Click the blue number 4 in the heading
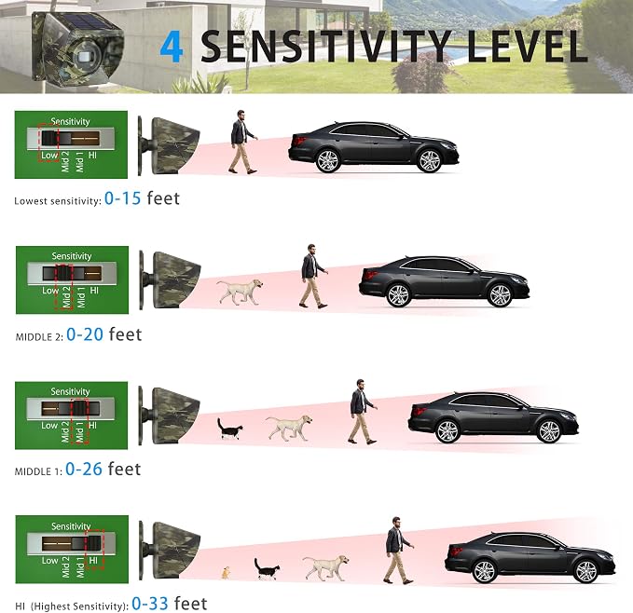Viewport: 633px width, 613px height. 172,48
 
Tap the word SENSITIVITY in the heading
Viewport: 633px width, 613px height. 325,47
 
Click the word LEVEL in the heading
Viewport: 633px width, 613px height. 527,47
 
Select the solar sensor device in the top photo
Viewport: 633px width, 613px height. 77,48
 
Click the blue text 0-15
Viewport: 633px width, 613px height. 122,198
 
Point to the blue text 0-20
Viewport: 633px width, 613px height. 85,334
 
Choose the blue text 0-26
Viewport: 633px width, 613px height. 84,469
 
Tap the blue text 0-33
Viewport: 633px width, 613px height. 150,604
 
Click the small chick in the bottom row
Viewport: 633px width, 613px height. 226,573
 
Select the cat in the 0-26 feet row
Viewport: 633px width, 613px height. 229,429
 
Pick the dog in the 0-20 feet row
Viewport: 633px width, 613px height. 240,292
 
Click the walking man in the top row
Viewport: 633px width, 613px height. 242,142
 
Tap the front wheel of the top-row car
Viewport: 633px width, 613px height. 429,160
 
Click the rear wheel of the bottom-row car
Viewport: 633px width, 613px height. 484,571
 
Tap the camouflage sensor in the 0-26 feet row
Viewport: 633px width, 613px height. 170,415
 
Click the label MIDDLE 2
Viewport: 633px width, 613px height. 39,337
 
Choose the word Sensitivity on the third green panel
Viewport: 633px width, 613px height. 70,391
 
